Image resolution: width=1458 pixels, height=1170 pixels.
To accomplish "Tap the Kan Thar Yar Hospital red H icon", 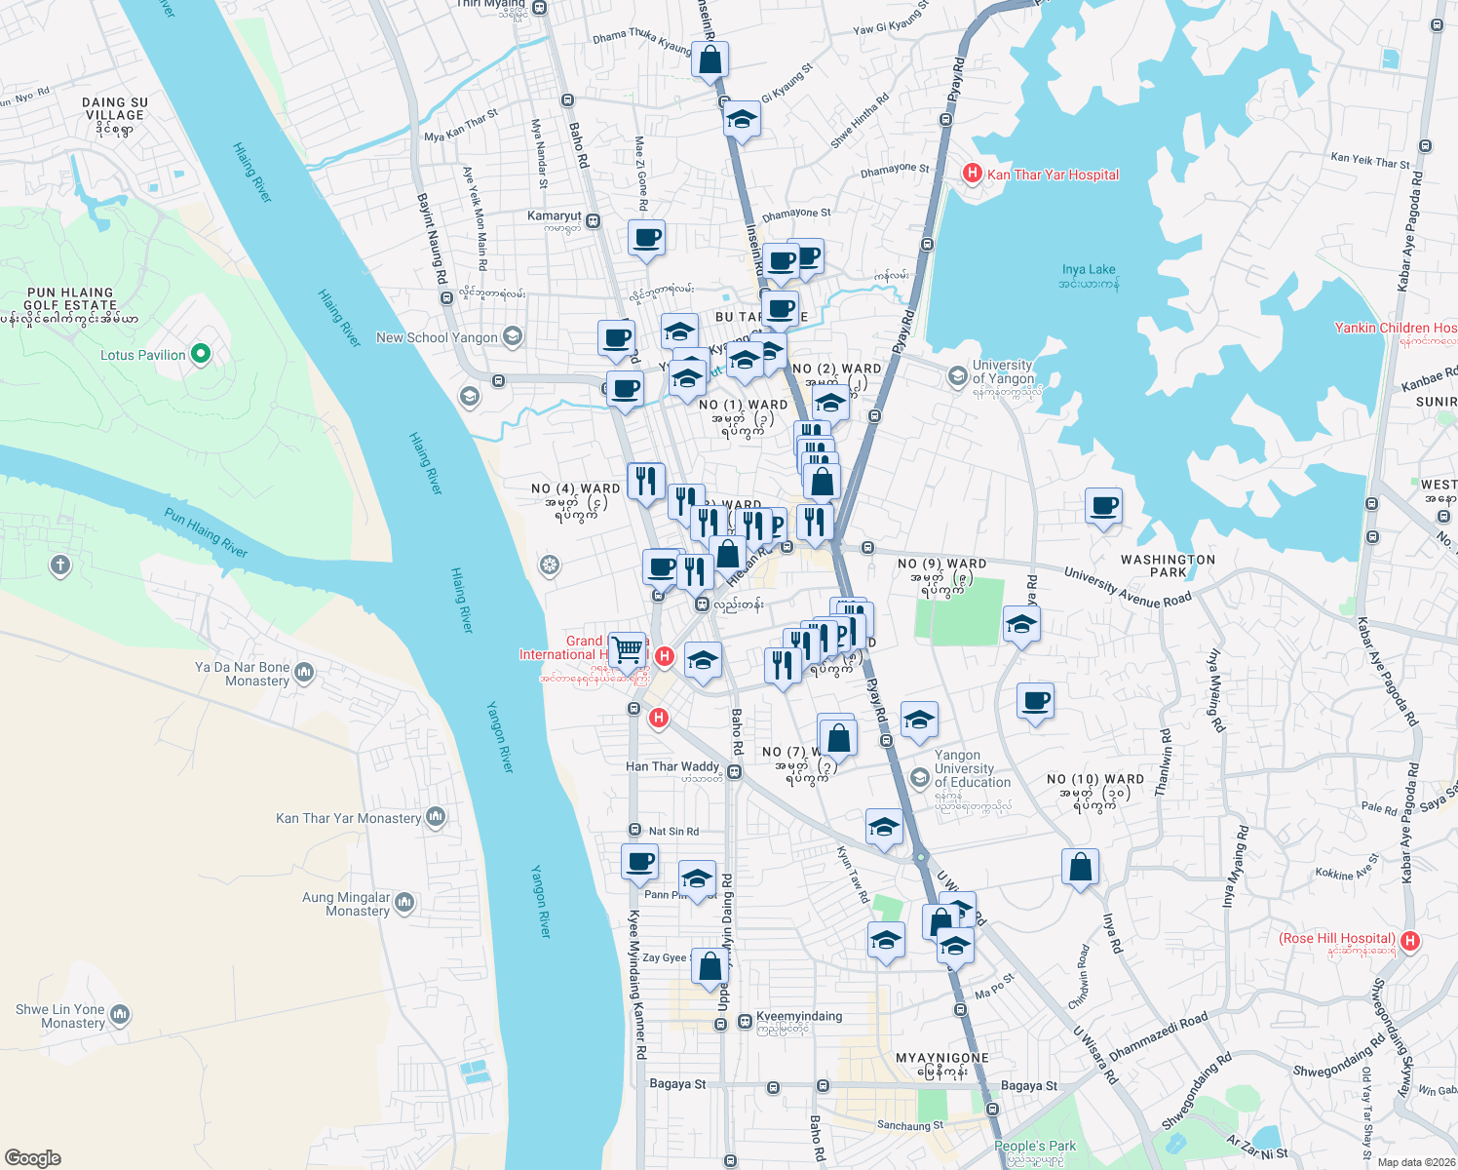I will pyautogui.click(x=972, y=174).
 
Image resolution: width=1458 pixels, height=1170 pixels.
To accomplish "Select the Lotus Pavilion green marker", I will pyautogui.click(x=201, y=354).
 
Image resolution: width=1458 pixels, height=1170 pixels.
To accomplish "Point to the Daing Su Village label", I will pyautogui.click(x=115, y=115).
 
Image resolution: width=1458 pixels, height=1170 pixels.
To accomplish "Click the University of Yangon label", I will pyautogui.click(x=1002, y=371).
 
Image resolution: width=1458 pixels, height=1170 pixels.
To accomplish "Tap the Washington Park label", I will pyautogui.click(x=1168, y=565).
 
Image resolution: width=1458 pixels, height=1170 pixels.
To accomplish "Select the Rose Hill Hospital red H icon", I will pyautogui.click(x=1409, y=941).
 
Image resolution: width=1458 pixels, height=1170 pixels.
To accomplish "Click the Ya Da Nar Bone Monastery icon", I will pyautogui.click(x=304, y=672).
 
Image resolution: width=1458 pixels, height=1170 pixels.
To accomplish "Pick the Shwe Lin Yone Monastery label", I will pyautogui.click(x=60, y=1016).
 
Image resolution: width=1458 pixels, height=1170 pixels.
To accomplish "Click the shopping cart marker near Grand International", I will pyautogui.click(x=629, y=647).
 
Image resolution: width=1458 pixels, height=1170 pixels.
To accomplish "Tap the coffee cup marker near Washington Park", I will pyautogui.click(x=1103, y=507).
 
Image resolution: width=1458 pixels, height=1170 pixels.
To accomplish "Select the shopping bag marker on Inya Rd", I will pyautogui.click(x=1080, y=867).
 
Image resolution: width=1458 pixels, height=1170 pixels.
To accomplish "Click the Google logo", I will pyautogui.click(x=33, y=1157).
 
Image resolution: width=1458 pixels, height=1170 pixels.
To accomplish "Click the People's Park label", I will pyautogui.click(x=1035, y=1146).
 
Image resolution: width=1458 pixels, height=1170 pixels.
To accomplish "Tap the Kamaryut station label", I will pyautogui.click(x=555, y=216).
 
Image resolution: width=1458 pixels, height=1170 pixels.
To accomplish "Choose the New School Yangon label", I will pyautogui.click(x=437, y=337).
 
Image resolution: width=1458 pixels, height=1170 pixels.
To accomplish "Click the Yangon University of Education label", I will pyautogui.click(x=972, y=768).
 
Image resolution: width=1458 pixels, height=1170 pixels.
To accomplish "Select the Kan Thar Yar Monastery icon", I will pyautogui.click(x=436, y=817).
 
